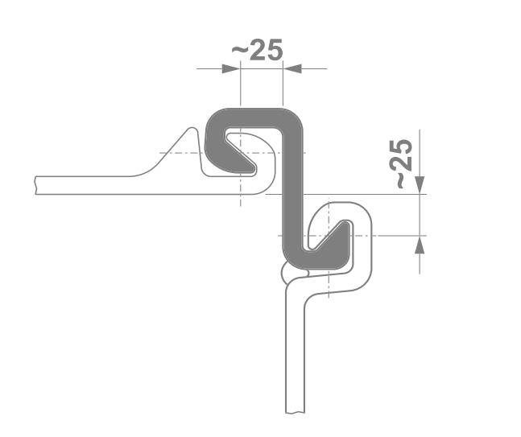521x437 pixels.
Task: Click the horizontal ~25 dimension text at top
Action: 258,51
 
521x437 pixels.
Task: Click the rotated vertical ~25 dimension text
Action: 404,164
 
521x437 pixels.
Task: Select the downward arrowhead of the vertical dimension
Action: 420,186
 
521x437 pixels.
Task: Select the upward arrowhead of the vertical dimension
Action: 420,244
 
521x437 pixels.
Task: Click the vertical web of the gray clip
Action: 292,193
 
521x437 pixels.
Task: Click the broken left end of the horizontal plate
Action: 38,186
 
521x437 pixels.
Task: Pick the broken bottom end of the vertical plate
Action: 296,410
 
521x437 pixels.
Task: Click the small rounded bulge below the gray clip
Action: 287,274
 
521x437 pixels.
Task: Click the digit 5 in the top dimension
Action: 274,51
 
